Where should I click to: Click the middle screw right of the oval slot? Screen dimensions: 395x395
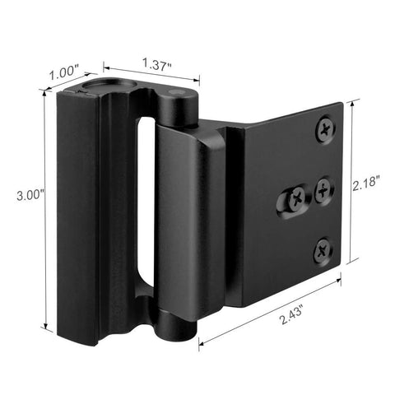pyautogui.click(x=324, y=188)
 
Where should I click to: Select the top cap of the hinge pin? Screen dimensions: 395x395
pyautogui.click(x=181, y=94)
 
